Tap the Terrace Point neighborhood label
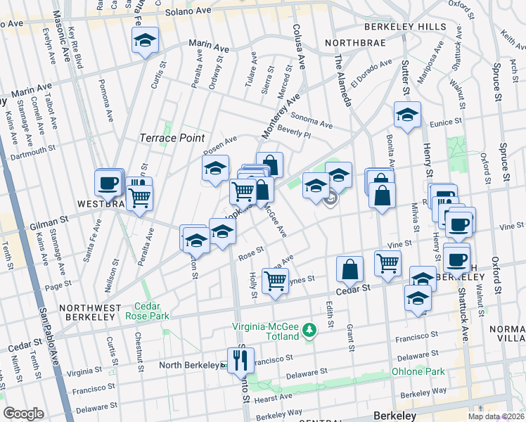tap(172, 138)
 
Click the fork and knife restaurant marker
tap(239, 359)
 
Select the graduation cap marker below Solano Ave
tap(146, 41)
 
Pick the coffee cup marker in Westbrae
tap(108, 184)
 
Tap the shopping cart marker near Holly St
tap(274, 281)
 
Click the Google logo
tap(23, 414)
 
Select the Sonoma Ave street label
tap(311, 121)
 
